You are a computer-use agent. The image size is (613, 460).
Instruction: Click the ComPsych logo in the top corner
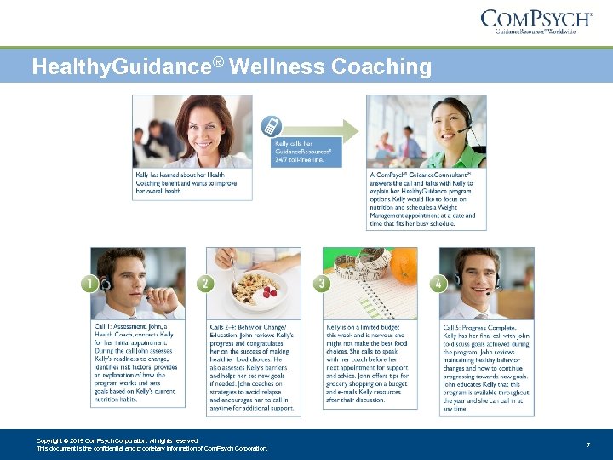coord(536,20)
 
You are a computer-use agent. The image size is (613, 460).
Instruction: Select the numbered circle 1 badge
coord(91,284)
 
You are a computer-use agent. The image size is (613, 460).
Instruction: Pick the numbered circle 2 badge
coord(206,284)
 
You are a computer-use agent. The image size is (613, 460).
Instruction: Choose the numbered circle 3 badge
coord(323,284)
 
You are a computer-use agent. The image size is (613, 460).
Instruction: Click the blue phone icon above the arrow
coord(272,124)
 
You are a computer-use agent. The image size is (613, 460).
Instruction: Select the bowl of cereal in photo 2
coord(255,290)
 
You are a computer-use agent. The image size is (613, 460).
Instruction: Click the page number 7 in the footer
coord(588,445)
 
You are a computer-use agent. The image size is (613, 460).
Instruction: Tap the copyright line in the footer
coord(117,440)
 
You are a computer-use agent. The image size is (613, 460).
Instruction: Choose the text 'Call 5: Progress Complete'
coord(478,327)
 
